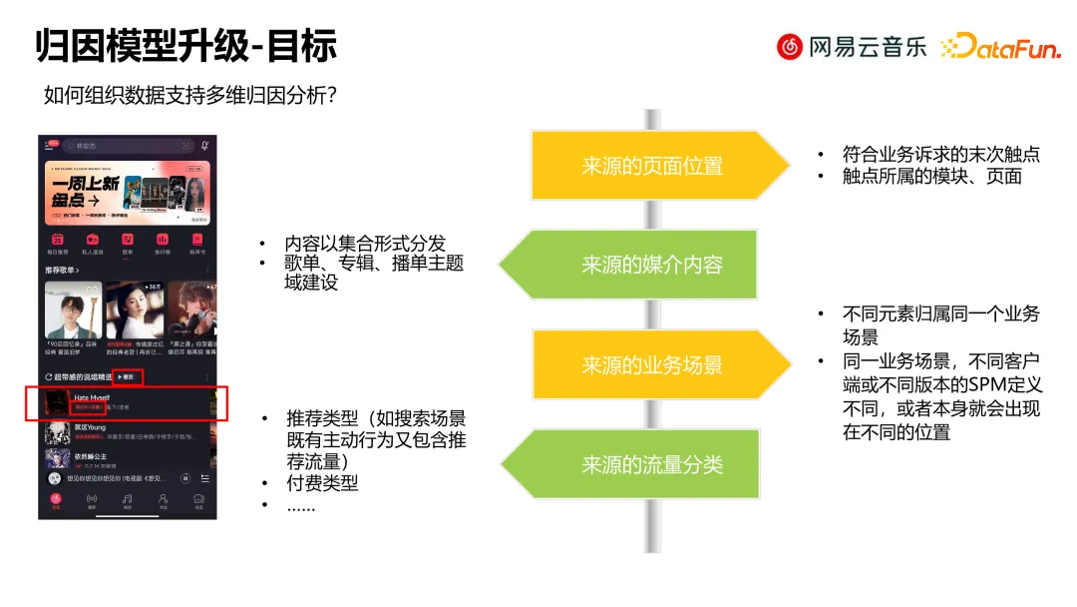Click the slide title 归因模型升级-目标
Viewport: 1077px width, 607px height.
tap(186, 46)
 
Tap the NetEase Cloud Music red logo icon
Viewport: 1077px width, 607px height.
tap(790, 46)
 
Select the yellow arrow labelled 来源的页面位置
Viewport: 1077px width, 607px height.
tap(652, 166)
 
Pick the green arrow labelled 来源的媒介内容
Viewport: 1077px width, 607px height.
tap(652, 265)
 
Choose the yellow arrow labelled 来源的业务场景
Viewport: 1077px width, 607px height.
tap(652, 365)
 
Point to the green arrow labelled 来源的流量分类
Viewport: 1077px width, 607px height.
tap(652, 464)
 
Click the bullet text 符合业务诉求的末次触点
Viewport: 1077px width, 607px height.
tap(940, 155)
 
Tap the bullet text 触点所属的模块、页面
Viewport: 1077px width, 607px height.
tap(931, 176)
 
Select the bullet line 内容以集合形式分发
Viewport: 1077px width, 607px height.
tap(365, 244)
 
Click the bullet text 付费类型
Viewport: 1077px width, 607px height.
tap(322, 483)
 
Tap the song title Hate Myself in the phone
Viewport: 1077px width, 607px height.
tap(92, 397)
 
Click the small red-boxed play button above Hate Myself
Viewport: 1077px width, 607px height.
tap(127, 376)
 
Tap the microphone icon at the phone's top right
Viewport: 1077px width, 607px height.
tap(205, 146)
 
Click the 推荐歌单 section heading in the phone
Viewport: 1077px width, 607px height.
tap(61, 271)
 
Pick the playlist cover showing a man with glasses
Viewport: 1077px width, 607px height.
tap(73, 308)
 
